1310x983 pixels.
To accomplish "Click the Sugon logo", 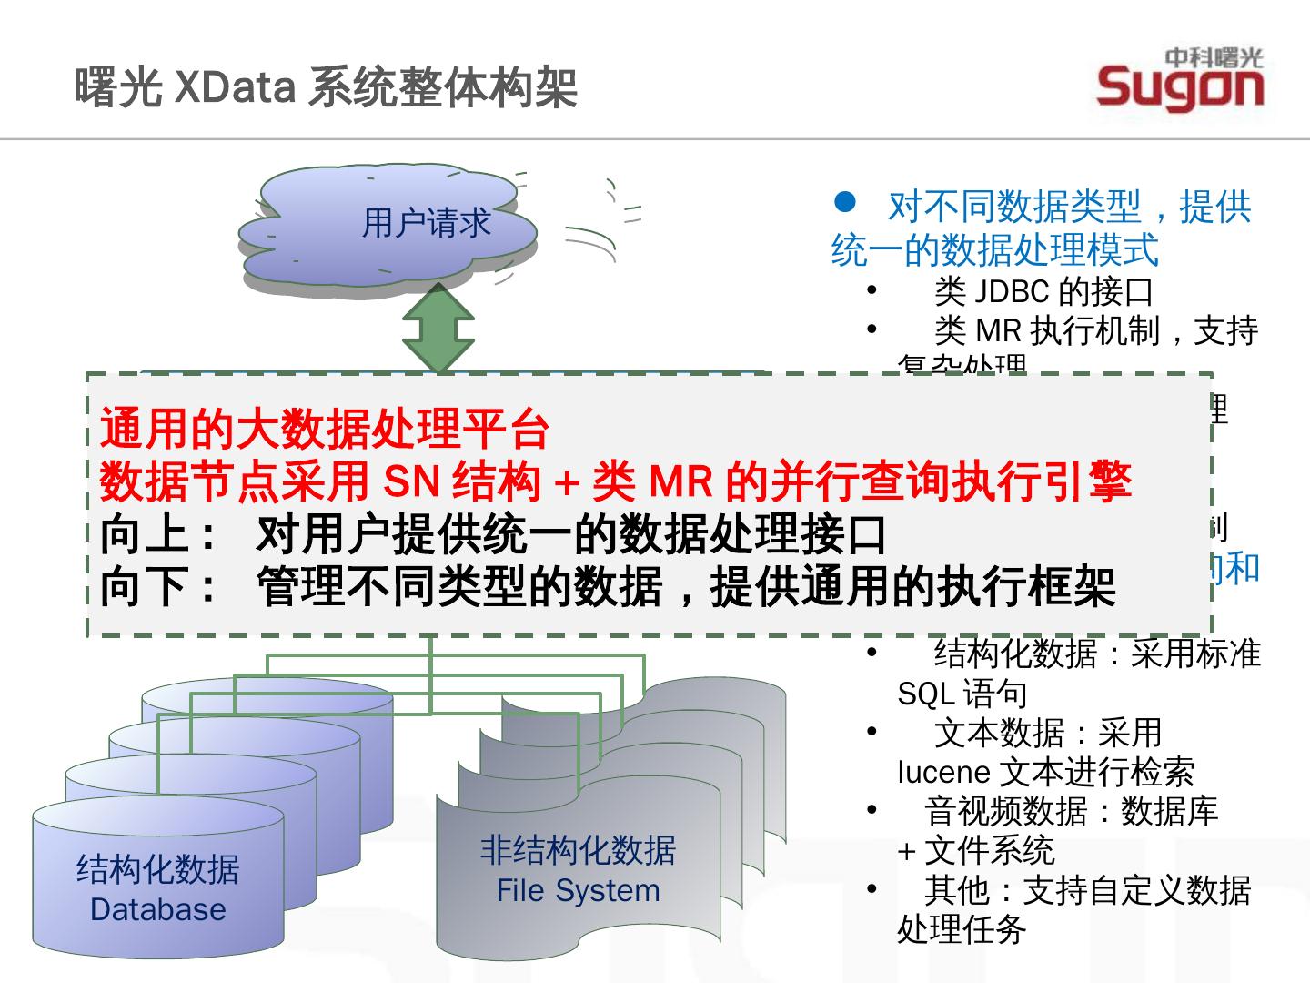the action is [1180, 80].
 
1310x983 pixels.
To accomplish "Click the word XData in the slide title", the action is [234, 89].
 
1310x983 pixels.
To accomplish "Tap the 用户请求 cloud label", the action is [426, 223].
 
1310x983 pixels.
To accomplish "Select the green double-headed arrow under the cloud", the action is [438, 329].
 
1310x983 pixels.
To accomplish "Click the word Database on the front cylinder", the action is [158, 909].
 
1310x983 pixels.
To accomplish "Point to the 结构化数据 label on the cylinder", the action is [158, 869].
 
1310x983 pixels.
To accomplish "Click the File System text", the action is [578, 890].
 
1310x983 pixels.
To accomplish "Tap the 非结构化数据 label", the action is [578, 850].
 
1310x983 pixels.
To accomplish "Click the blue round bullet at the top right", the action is [845, 201].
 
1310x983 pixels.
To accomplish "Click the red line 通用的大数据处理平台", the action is [325, 429].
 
